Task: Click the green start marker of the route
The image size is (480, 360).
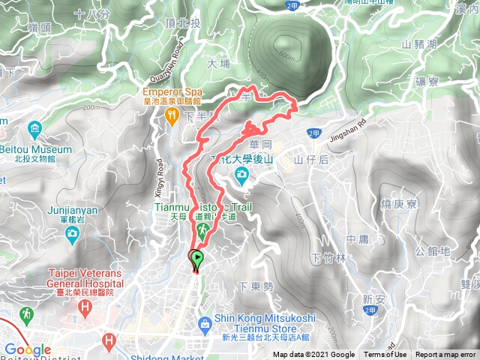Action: coord(196,259)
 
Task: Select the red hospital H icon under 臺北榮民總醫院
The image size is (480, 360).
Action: coord(85,307)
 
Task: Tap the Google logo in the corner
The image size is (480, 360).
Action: coord(27,350)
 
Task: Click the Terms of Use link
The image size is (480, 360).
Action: coord(385,355)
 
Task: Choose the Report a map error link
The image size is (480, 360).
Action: coord(446,355)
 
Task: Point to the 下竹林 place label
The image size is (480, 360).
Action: coord(325,259)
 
